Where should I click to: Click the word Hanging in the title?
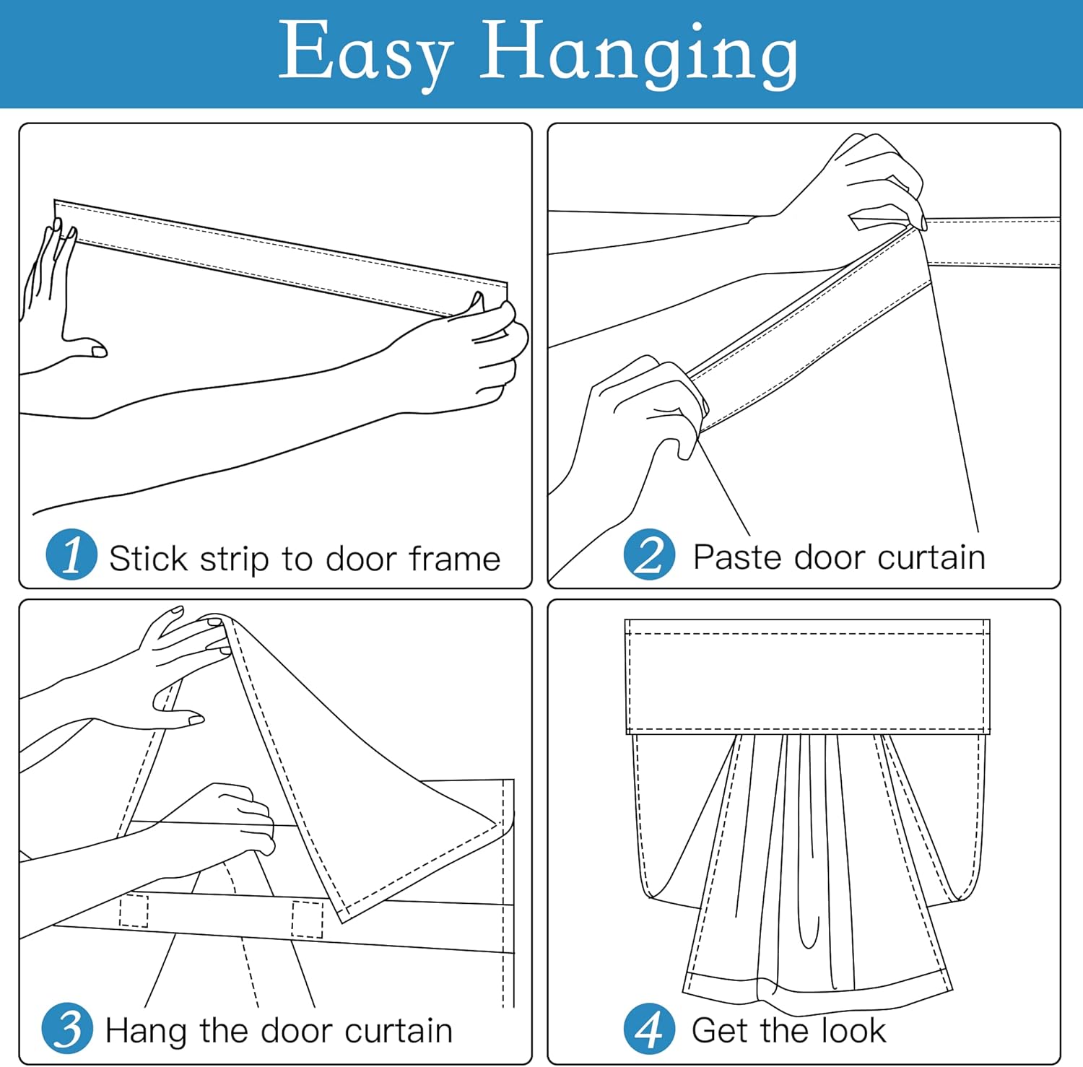coord(639,53)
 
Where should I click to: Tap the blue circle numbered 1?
coord(71,554)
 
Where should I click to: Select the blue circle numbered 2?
coord(649,554)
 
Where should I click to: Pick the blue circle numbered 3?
coord(67,1028)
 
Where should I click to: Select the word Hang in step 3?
coord(147,1031)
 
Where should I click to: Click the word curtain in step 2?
coord(931,557)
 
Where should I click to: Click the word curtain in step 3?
coord(399,1030)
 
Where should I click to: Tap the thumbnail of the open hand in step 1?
coord(98,352)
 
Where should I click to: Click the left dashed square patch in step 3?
coord(134,910)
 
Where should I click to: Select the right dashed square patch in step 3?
coord(307,919)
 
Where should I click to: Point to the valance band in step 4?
coord(806,676)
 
